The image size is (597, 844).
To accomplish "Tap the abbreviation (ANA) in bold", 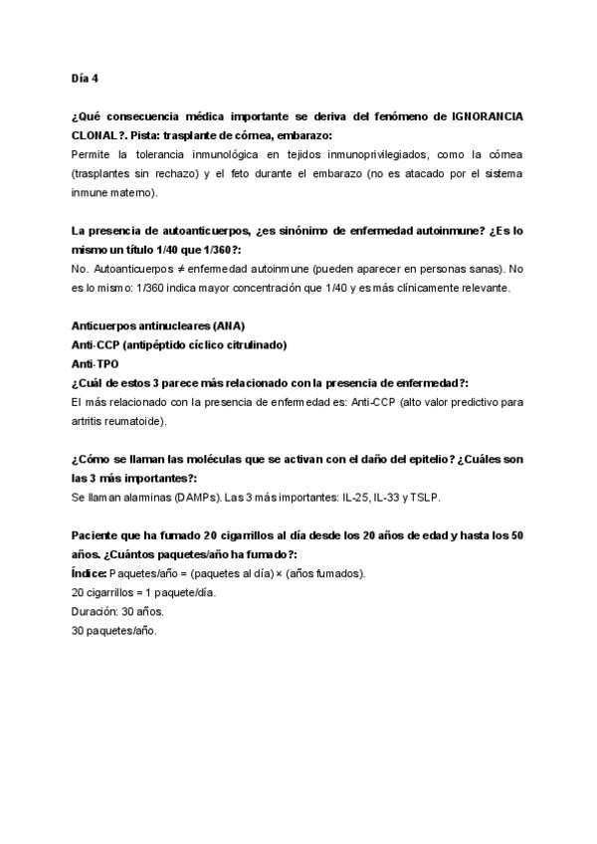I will click(x=227, y=326).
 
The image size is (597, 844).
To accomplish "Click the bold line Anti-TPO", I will click(x=95, y=364).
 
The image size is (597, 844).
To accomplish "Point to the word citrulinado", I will click(x=253, y=345).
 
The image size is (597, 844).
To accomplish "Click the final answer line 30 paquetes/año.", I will click(x=114, y=630).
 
